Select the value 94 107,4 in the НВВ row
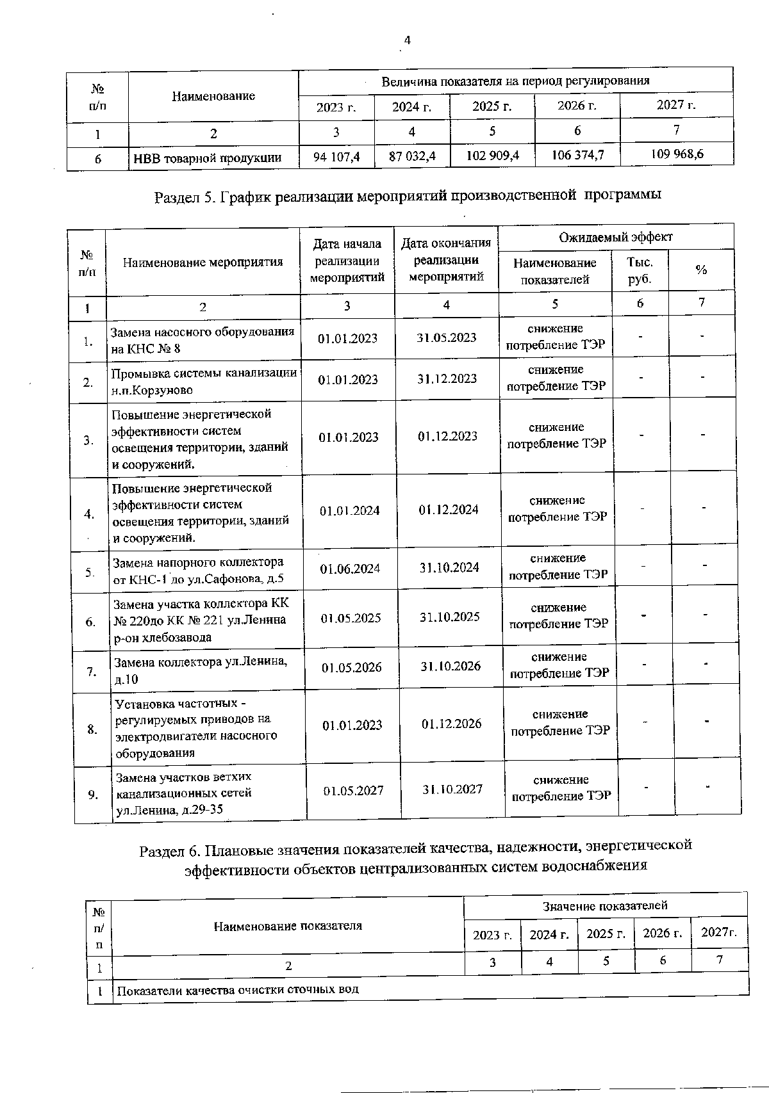click(x=336, y=156)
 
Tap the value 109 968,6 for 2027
click(x=676, y=154)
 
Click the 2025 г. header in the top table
click(x=492, y=106)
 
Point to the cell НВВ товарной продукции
click(x=207, y=158)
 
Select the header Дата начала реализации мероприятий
click(x=347, y=260)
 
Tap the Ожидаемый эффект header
click(x=615, y=237)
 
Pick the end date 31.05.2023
click(x=446, y=337)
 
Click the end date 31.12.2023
click(x=447, y=378)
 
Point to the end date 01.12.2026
click(x=451, y=724)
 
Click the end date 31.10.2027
click(x=452, y=789)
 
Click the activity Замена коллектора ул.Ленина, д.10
click(x=201, y=670)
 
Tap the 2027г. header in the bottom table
click(x=719, y=932)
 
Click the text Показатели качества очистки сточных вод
click(x=238, y=989)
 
